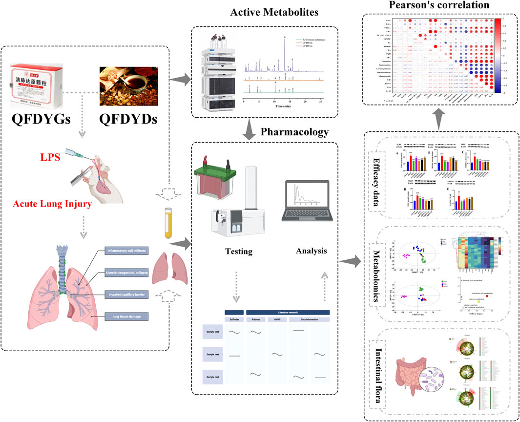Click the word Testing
point(239,252)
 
